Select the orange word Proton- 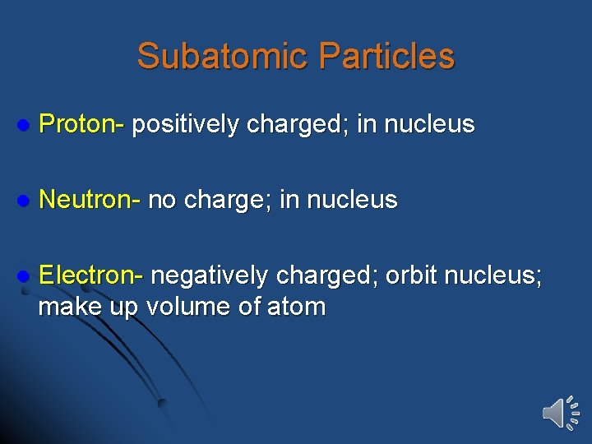(81, 124)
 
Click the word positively (186, 124)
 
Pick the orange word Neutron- (90, 199)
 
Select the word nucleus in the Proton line (429, 124)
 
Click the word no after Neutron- (162, 200)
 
